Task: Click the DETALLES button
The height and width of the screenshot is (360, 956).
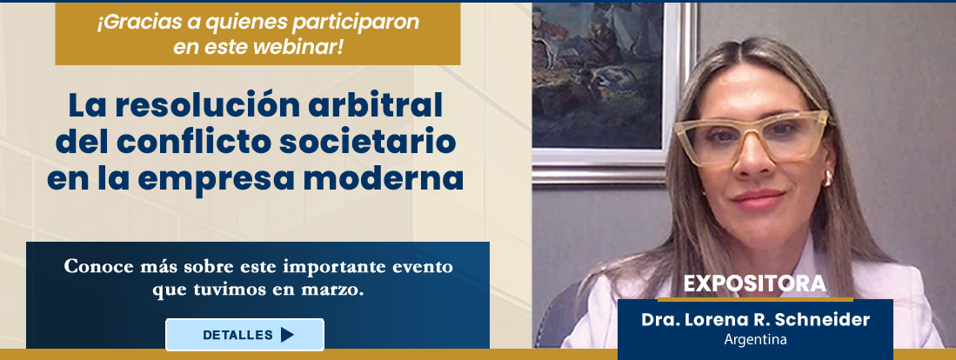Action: [x=244, y=335]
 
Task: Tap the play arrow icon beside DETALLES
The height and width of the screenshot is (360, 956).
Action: [x=287, y=335]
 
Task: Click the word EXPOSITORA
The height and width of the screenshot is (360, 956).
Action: [x=753, y=284]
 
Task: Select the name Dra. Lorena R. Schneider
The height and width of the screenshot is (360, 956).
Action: [x=755, y=320]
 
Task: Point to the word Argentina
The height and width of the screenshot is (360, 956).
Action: [x=755, y=339]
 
